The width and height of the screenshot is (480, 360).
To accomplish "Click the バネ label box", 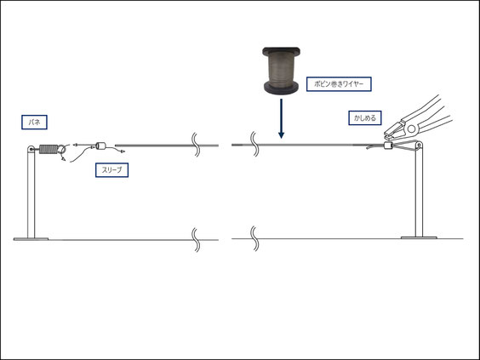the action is (34, 123).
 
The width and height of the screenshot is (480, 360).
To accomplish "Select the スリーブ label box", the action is (111, 170).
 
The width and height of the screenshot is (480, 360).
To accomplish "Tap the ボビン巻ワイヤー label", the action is (339, 84).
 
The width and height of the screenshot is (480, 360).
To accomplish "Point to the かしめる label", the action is (365, 117).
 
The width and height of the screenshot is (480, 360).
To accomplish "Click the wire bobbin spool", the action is (281, 71).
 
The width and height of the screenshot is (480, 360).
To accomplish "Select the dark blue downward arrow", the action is (282, 118).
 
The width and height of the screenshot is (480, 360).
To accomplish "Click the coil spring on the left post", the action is (49, 149).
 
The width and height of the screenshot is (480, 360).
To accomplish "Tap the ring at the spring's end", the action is (62, 149).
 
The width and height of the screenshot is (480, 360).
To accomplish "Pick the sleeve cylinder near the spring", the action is (100, 146).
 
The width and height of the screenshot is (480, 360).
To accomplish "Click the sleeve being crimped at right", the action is (388, 146).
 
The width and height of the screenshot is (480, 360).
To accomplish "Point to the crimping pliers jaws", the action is (395, 130).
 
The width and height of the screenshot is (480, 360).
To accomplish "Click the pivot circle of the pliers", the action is (411, 129).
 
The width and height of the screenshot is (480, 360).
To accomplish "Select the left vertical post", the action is (31, 193).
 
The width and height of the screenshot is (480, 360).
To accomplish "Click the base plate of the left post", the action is (31, 239).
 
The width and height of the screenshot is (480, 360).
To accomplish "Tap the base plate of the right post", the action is (419, 237).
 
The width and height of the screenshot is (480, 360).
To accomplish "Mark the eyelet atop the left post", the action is (31, 149).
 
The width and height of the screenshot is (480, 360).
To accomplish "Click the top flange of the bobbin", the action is (281, 51).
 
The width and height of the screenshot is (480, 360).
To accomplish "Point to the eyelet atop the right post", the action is (419, 146).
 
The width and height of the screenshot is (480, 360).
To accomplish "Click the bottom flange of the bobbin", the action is (281, 88).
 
